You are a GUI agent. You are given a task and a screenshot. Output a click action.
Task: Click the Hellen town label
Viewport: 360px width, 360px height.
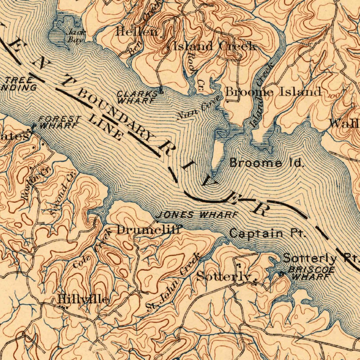click(x=139, y=32)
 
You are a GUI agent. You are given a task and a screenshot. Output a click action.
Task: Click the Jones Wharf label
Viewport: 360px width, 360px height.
click(x=197, y=215)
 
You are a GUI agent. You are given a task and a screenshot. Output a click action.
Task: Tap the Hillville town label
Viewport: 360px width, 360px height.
click(x=83, y=300)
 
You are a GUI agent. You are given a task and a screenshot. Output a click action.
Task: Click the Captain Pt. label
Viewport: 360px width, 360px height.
click(x=267, y=233)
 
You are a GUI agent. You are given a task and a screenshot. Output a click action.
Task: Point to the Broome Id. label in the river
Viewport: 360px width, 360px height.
click(x=266, y=163)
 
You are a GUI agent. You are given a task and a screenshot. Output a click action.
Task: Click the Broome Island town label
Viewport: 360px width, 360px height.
click(x=274, y=92)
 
